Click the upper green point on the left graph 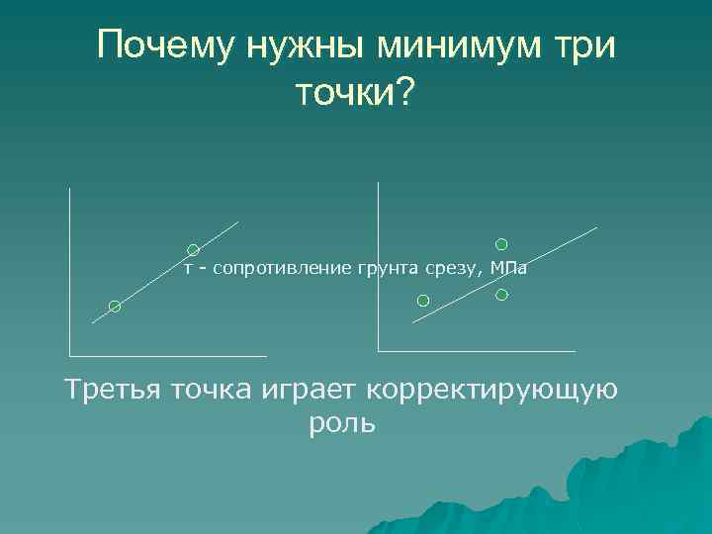pos(194,250)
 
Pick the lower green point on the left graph pos(115,307)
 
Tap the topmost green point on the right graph pos(501,243)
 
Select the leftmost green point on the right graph pos(423,300)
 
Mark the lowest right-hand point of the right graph pos(501,295)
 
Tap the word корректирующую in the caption pos(490,390)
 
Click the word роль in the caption pos(342,424)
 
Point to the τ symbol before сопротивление pos(188,268)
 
